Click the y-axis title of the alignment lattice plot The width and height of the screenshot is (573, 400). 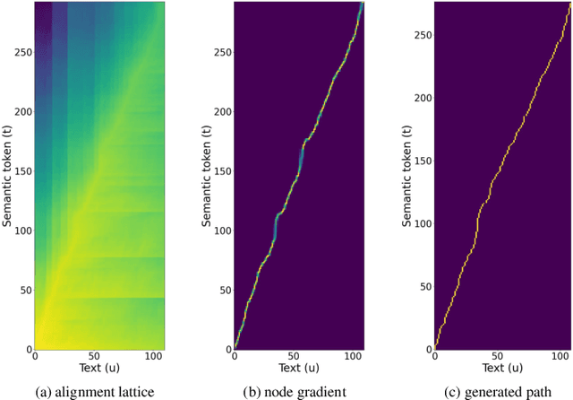click(x=8, y=176)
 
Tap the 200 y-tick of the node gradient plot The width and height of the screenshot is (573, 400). click(x=221, y=112)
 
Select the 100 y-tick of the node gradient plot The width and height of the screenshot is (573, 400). click(x=221, y=231)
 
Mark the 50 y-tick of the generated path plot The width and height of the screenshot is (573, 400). click(x=424, y=289)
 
